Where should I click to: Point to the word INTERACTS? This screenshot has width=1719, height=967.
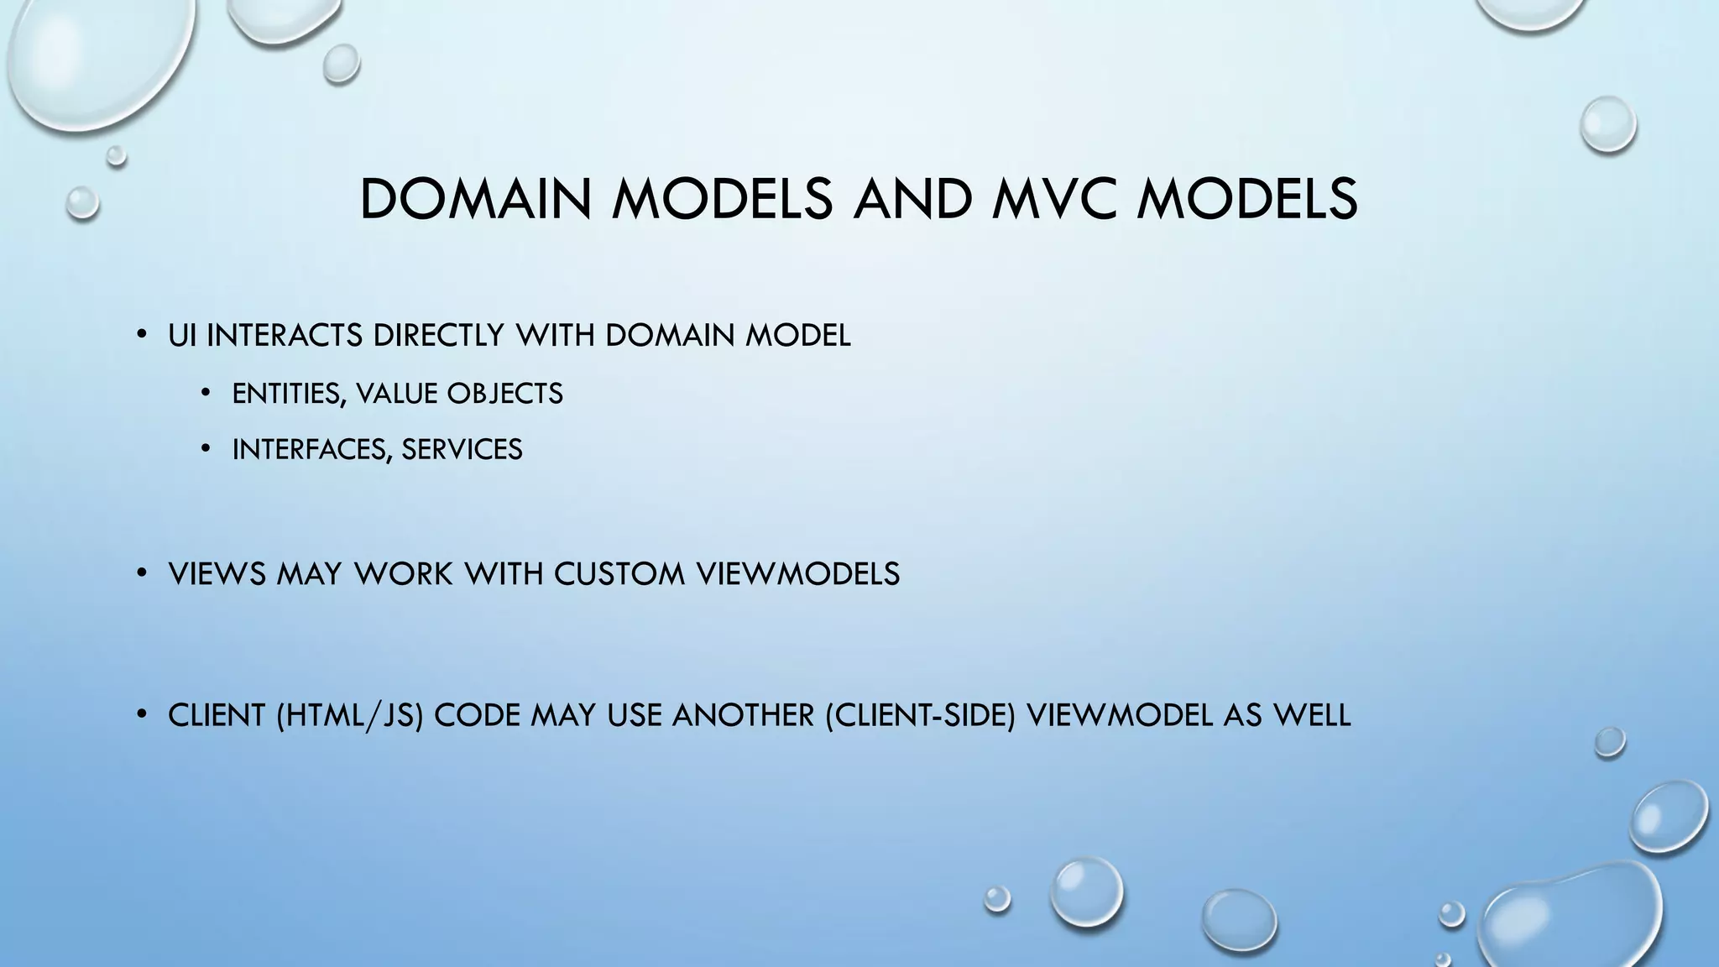[x=285, y=336]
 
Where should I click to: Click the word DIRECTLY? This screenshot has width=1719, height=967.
[x=437, y=336]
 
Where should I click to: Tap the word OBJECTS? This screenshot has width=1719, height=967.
[x=504, y=394]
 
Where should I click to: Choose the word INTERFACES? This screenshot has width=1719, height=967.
[x=312, y=450]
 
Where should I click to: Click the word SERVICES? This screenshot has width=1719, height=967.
[x=462, y=450]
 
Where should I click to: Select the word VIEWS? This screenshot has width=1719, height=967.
[x=217, y=574]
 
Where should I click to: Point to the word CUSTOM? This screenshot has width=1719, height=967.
[x=619, y=574]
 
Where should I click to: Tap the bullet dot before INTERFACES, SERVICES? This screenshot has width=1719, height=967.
[x=206, y=450]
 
